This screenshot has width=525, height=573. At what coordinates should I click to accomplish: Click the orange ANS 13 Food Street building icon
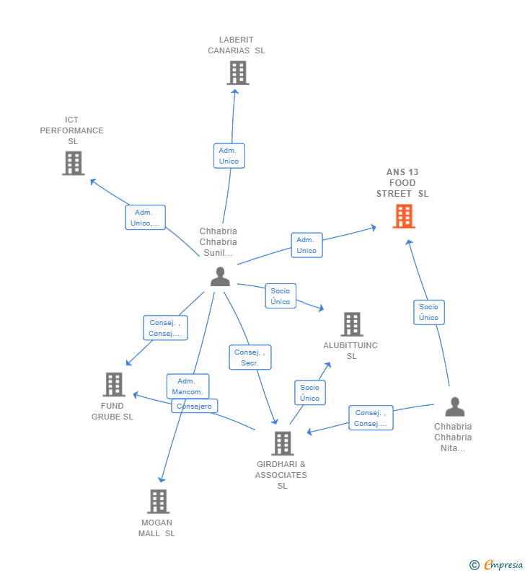(x=404, y=216)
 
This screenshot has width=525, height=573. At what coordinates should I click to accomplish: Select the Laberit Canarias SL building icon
(x=237, y=73)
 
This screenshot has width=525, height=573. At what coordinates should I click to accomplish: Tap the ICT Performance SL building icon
(x=73, y=163)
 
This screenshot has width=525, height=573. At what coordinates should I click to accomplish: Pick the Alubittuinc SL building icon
(x=351, y=324)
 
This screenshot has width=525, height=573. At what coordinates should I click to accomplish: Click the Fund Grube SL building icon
(x=113, y=385)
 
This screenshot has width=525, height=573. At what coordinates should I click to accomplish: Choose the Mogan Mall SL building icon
(x=158, y=502)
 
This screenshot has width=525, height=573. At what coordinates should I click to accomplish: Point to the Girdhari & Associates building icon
(x=282, y=443)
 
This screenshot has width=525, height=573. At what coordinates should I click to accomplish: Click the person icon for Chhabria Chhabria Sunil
(x=220, y=277)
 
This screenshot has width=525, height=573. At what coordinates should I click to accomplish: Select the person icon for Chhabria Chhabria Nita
(x=454, y=407)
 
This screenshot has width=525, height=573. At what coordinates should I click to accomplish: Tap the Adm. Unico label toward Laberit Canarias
(x=229, y=156)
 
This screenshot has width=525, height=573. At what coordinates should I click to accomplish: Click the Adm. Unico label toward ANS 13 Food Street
(x=306, y=245)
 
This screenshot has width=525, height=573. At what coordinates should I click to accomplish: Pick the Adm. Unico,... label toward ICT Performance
(x=145, y=218)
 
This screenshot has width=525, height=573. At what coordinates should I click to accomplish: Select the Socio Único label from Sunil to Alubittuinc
(x=281, y=296)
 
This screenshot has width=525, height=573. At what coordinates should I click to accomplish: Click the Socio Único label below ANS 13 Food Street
(x=428, y=312)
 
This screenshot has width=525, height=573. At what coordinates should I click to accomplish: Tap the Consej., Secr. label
(x=250, y=357)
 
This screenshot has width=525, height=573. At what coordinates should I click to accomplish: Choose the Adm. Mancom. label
(x=187, y=386)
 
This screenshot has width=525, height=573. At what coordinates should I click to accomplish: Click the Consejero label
(x=195, y=407)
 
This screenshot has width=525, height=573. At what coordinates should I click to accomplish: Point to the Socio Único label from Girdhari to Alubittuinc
(x=309, y=393)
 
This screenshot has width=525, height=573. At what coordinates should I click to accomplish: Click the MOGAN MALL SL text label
(x=157, y=528)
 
